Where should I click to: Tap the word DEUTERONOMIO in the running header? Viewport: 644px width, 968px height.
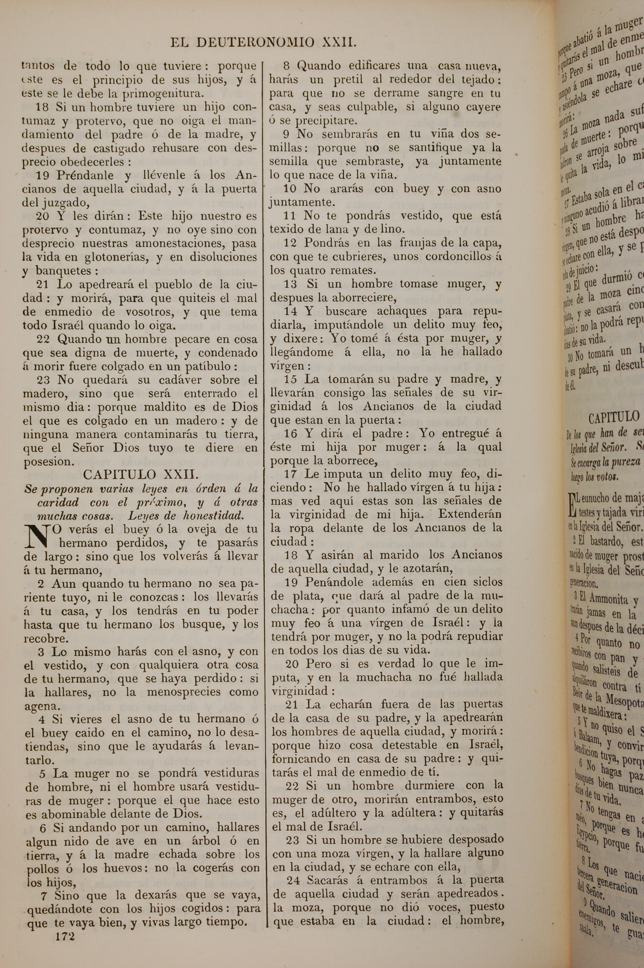pos(255,42)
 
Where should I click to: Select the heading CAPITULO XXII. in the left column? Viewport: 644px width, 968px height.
pos(141,475)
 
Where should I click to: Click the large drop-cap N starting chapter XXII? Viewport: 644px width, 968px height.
pos(40,537)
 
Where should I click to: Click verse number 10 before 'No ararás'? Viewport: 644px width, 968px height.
pos(290,189)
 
